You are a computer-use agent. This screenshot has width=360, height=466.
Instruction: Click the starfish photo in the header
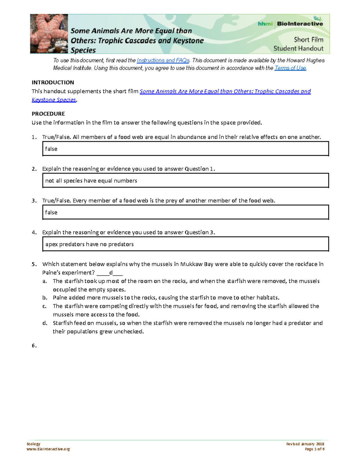click(x=49, y=34)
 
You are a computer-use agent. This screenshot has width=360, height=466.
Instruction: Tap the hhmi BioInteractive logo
click(x=290, y=23)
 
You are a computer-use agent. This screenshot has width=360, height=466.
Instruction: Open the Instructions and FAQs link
click(x=163, y=60)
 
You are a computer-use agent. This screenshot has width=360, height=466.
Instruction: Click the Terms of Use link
click(x=290, y=68)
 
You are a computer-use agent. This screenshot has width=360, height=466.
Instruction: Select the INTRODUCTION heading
click(x=53, y=83)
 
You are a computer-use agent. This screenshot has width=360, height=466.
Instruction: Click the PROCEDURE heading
click(x=48, y=114)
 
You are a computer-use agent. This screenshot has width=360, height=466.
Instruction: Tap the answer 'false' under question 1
click(x=51, y=149)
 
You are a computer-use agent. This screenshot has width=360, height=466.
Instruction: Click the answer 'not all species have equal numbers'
click(x=91, y=181)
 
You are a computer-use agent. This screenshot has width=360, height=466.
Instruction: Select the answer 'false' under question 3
click(x=51, y=212)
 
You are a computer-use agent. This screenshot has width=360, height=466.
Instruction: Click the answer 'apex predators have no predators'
click(x=89, y=244)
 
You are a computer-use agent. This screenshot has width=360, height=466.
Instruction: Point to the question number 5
click(x=34, y=264)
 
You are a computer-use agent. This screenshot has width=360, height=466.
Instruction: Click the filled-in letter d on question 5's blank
click(x=111, y=273)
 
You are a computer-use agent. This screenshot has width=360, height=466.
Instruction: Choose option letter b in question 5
click(x=45, y=298)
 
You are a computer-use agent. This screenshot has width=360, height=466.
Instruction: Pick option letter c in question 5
click(x=44, y=306)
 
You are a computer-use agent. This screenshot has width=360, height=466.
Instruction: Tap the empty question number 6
click(x=34, y=346)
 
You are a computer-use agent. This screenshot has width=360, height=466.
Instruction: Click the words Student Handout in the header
click(x=298, y=49)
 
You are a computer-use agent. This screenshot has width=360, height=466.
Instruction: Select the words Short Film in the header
click(x=308, y=40)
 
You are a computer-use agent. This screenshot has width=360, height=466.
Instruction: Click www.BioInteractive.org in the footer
click(x=48, y=449)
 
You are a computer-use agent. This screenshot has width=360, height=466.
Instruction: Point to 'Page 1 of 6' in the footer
click(x=314, y=449)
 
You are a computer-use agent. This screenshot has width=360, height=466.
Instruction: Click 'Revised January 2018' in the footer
click(x=305, y=444)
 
